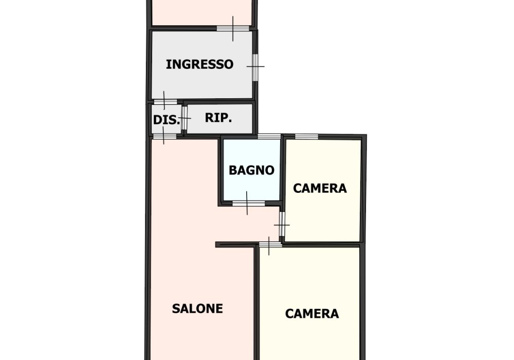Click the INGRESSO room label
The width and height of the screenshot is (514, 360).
pos(199,64)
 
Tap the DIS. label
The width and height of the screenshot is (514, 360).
pos(167,120)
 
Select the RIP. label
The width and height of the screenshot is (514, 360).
pos(218,117)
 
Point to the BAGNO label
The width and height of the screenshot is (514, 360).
pos(251,170)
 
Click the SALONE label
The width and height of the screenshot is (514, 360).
pos(197,309)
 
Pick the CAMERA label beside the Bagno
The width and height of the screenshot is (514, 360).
pos(320,188)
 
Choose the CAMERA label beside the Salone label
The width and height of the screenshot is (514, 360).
pos(312,314)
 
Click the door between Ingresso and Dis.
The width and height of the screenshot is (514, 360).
pos(165,102)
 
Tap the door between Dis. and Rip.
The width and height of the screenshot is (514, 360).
pos(184,118)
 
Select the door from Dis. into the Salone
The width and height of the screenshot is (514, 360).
pos(164,136)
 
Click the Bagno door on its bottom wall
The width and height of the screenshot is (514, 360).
pos(248,204)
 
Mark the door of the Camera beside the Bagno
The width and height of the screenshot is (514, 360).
pos(282,224)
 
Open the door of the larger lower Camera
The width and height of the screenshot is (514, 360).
pos(270,245)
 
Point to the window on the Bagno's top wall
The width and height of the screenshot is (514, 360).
pos(269,136)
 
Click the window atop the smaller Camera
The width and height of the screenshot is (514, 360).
pos(306,136)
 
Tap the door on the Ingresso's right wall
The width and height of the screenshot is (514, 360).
pos(255,67)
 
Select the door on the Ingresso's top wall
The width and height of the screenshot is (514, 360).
pos(233,28)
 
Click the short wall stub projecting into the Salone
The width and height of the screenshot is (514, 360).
pos(235,245)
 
